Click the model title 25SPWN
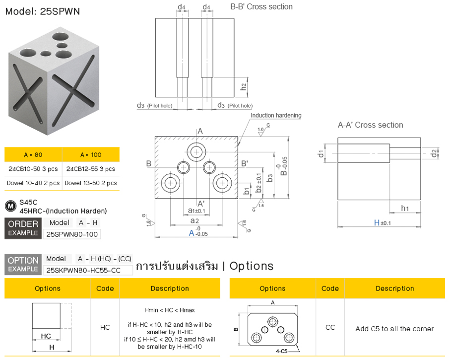[x=42, y=11]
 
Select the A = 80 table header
[x=33, y=154]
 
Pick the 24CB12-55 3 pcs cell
[x=90, y=169]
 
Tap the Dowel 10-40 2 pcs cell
[x=33, y=183]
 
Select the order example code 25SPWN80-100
[x=72, y=233]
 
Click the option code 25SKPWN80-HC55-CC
[x=88, y=270]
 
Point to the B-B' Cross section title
[x=261, y=7]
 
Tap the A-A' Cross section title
[x=370, y=125]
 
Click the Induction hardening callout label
[x=276, y=116]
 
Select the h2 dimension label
[x=243, y=86]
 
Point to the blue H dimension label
[x=377, y=223]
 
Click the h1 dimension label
[x=405, y=208]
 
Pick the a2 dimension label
[x=194, y=220]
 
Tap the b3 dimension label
[x=270, y=178]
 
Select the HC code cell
[x=105, y=327]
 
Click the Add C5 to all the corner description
[x=394, y=329]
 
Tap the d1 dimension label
[x=321, y=153]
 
